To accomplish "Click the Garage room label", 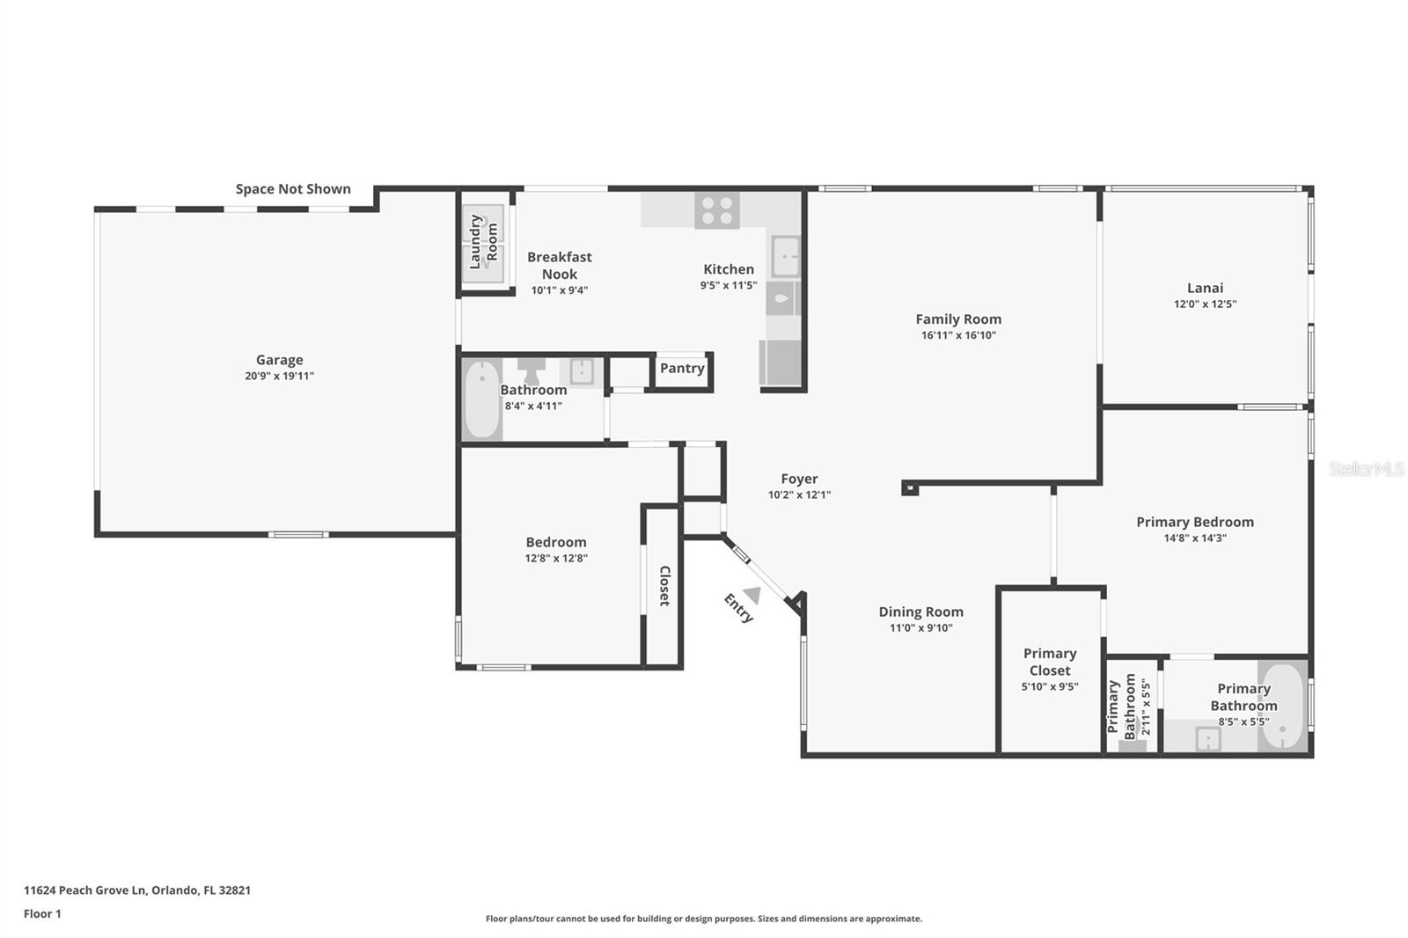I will pyautogui.click(x=279, y=360).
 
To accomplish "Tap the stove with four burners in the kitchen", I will pyautogui.click(x=716, y=210).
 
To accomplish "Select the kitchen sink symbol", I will pyautogui.click(x=785, y=256).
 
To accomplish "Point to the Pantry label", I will pyautogui.click(x=682, y=369).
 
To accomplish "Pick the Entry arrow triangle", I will pyautogui.click(x=752, y=596).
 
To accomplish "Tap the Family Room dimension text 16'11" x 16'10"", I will pyautogui.click(x=957, y=335).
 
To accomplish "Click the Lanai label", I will pyautogui.click(x=1205, y=288).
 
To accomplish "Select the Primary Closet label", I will pyautogui.click(x=1050, y=662).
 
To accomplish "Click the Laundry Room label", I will pyautogui.click(x=483, y=241).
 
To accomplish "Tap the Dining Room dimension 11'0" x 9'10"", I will pyautogui.click(x=920, y=628).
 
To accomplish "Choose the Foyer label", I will pyautogui.click(x=799, y=479).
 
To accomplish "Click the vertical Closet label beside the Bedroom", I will pyautogui.click(x=664, y=585).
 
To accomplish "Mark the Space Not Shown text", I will pyautogui.click(x=293, y=189).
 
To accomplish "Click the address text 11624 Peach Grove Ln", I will pyautogui.click(x=84, y=890).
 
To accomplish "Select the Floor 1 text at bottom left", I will pyautogui.click(x=42, y=913).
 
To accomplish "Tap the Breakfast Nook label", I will pyautogui.click(x=560, y=265).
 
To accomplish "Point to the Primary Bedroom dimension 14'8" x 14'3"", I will pyautogui.click(x=1194, y=539).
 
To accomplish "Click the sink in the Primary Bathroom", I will pyautogui.click(x=1207, y=739).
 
